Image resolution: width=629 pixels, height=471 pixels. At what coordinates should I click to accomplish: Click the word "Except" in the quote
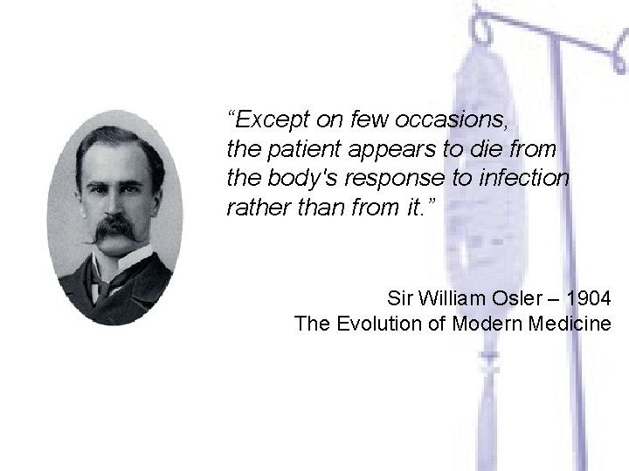point(267,117)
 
